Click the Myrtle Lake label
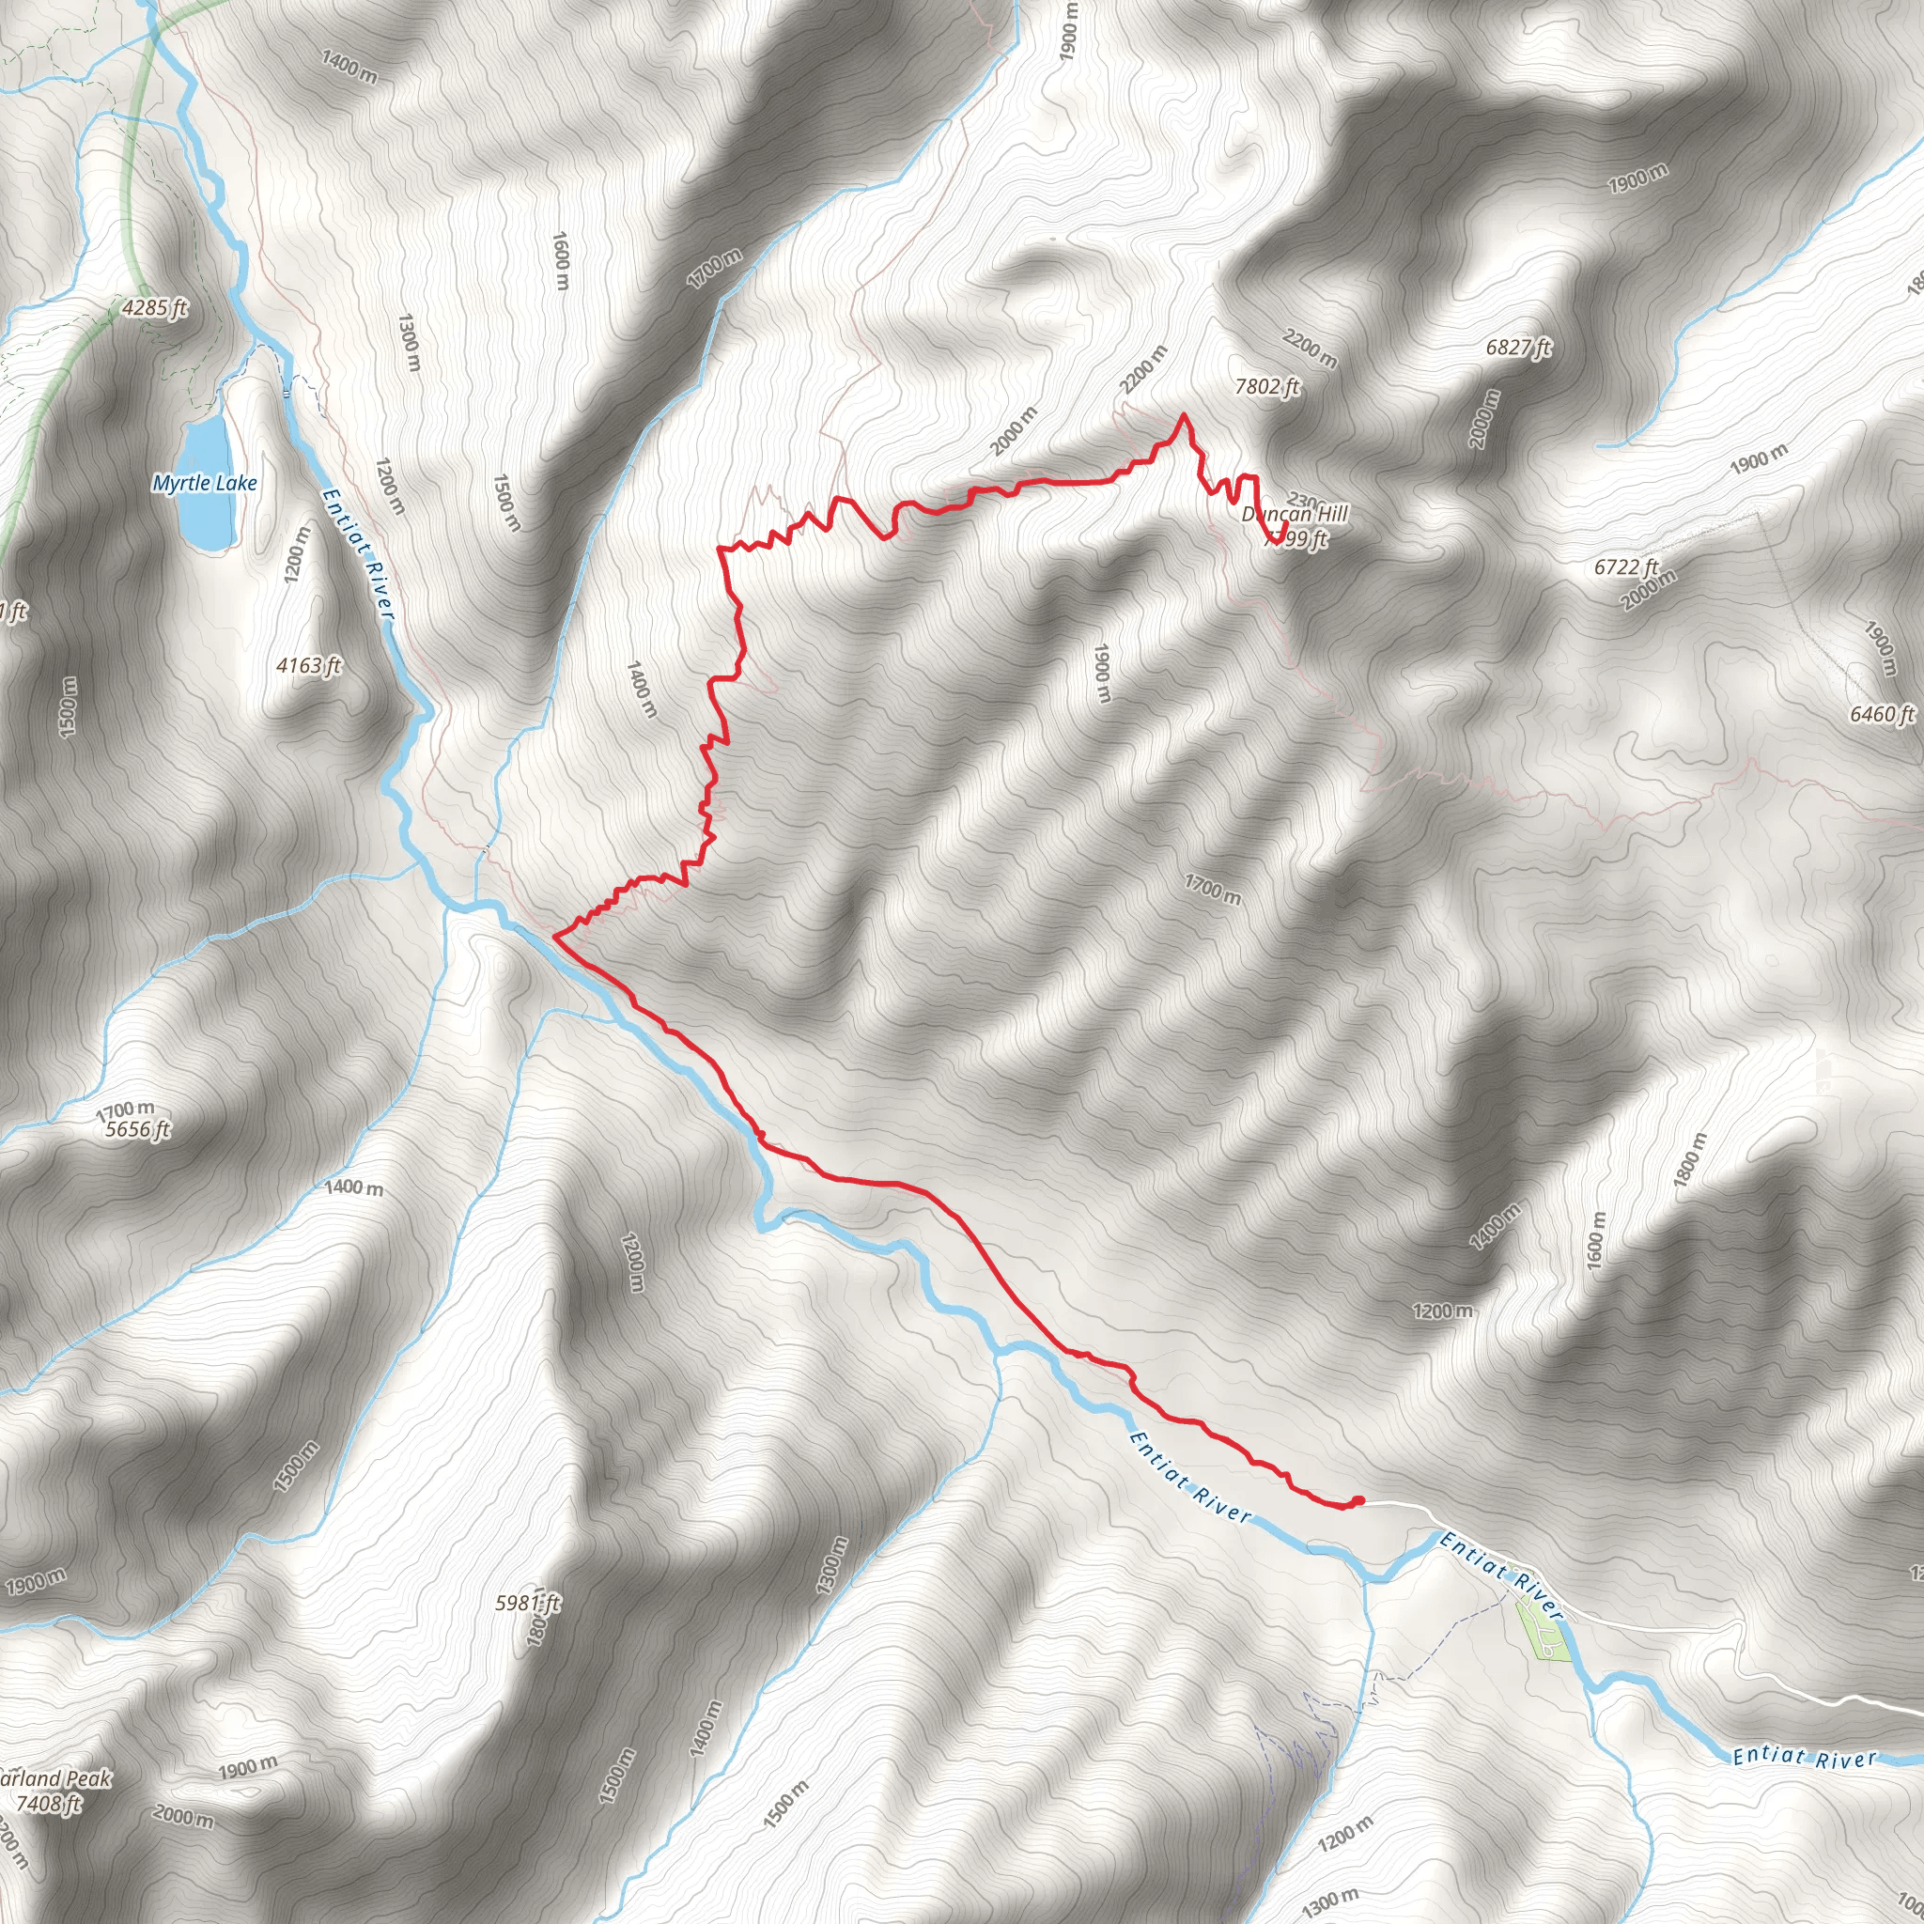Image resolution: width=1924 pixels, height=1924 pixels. [x=204, y=483]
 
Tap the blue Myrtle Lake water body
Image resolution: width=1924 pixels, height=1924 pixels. [x=206, y=483]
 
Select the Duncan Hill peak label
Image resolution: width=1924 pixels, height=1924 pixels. [x=1295, y=514]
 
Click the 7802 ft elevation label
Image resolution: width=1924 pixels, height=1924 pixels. [x=1266, y=386]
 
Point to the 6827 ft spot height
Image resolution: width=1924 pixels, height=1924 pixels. [x=1518, y=348]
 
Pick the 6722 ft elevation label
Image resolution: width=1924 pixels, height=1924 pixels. [x=1625, y=566]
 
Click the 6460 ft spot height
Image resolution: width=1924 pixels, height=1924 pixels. [x=1881, y=714]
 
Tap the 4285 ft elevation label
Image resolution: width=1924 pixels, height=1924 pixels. [x=154, y=308]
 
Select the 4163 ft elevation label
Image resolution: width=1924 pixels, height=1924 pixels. [x=309, y=665]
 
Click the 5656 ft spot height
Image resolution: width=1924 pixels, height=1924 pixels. [x=137, y=1129]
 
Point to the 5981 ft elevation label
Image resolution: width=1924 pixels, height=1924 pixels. [x=527, y=1603]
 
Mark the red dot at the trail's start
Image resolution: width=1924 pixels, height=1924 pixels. [x=1358, y=1500]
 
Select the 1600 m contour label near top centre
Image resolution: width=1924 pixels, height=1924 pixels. [x=561, y=261]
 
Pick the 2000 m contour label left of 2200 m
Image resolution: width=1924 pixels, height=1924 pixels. [x=1014, y=430]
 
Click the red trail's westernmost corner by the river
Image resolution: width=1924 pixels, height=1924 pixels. [x=554, y=936]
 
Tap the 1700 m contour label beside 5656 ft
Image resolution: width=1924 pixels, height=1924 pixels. [x=125, y=1109]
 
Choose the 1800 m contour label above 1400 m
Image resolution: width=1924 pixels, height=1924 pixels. [x=1689, y=1159]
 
